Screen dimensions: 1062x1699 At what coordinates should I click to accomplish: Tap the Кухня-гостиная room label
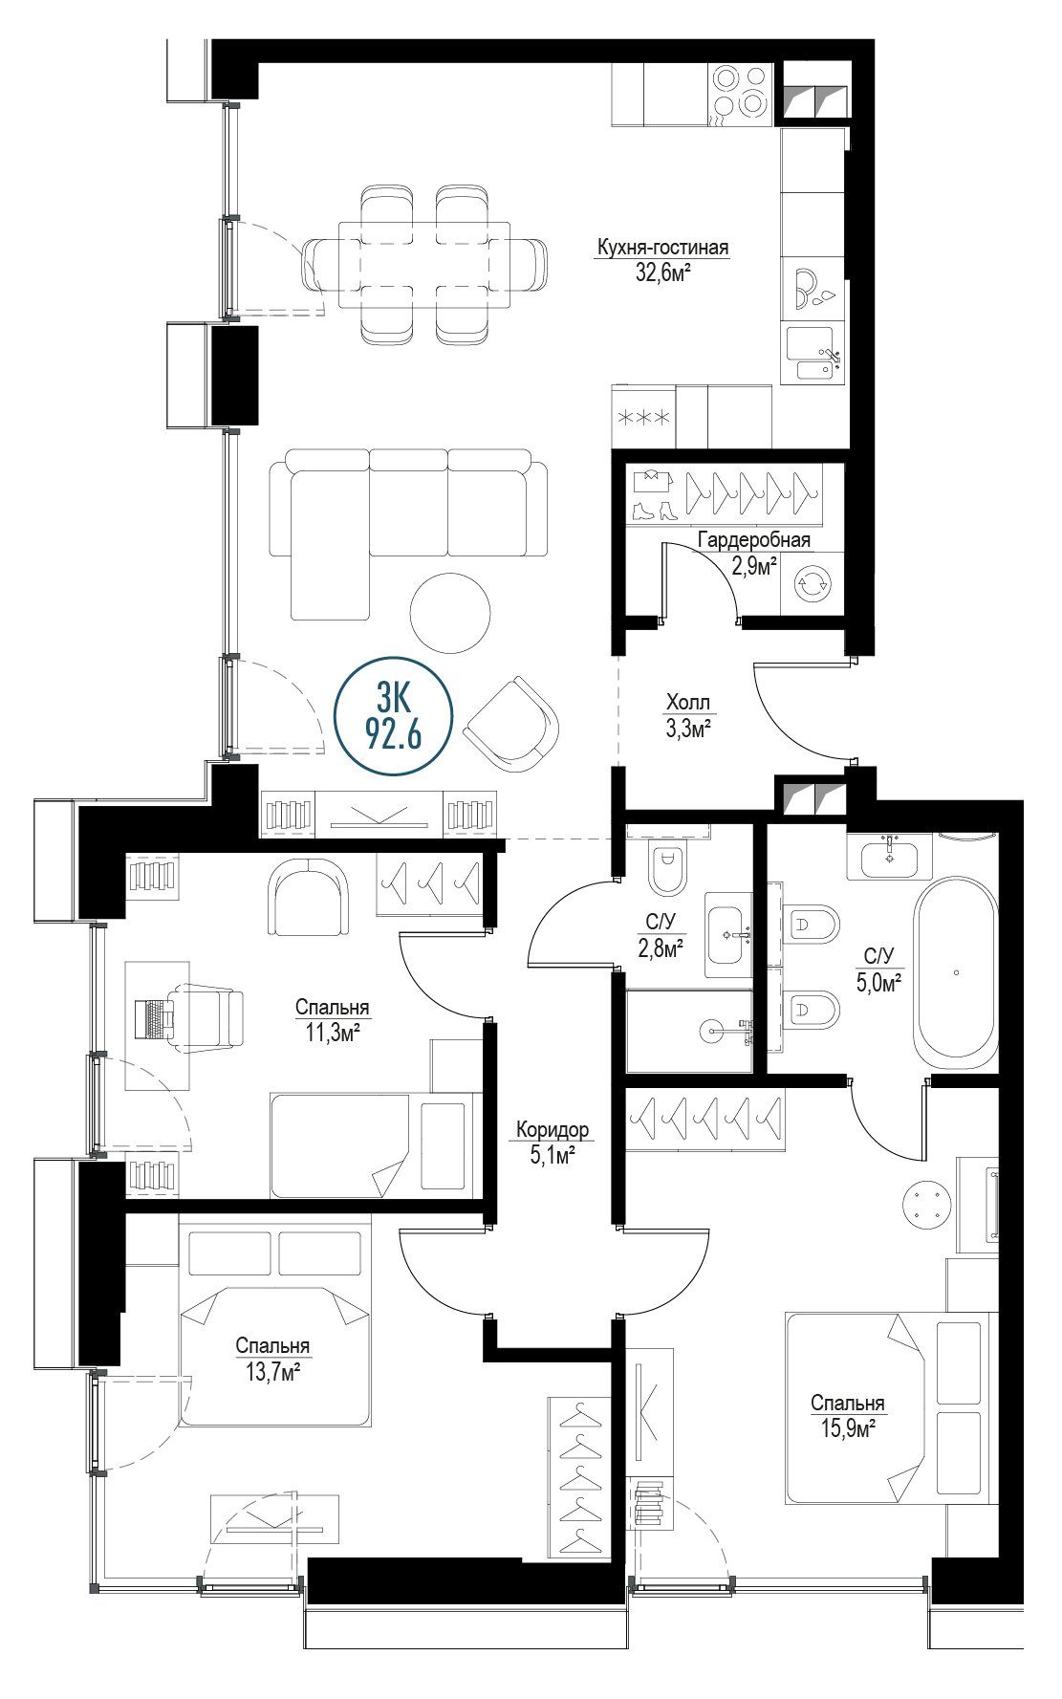(661, 249)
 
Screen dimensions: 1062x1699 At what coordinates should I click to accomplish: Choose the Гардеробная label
(753, 540)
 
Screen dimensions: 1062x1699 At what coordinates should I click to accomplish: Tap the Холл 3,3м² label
(690, 715)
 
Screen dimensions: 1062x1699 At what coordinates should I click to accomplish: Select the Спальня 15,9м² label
(848, 1415)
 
